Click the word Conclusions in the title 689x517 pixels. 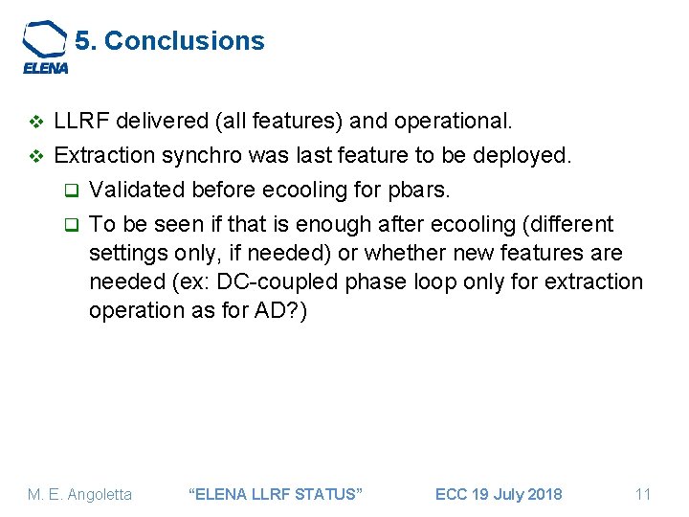(184, 41)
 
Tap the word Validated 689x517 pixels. (134, 190)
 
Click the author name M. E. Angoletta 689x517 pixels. (80, 494)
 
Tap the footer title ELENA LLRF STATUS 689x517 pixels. (278, 494)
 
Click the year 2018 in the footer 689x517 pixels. (543, 494)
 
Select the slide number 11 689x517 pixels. (643, 494)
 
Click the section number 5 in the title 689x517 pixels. (83, 41)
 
